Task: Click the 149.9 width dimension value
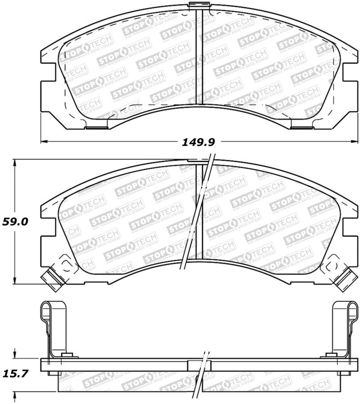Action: coord(198,142)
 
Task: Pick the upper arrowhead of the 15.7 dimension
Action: coord(15,356)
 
